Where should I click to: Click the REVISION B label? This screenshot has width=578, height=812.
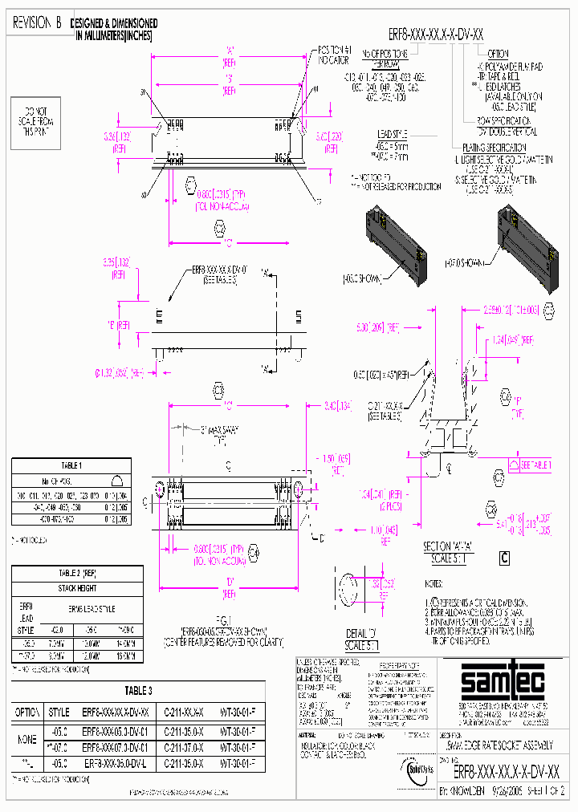(x=38, y=23)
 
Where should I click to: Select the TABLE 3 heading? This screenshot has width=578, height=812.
(x=138, y=690)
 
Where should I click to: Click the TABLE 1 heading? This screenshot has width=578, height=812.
(x=71, y=465)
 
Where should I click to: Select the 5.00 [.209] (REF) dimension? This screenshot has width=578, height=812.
(x=377, y=328)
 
